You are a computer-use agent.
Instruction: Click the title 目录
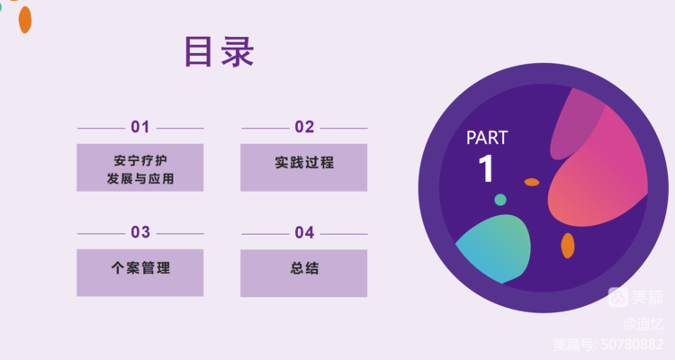(x=220, y=51)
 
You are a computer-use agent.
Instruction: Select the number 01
(x=140, y=127)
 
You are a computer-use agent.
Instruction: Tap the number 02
(x=304, y=127)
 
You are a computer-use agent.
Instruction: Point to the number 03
(x=140, y=232)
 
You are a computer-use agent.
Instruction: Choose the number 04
(x=304, y=232)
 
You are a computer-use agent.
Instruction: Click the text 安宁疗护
(x=140, y=160)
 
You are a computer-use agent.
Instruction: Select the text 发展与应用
(x=140, y=178)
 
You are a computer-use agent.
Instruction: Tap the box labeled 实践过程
(x=304, y=167)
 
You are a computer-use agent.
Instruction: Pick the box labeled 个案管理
(x=139, y=273)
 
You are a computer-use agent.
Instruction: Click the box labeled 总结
(x=304, y=273)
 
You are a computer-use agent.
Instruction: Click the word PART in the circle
(x=487, y=138)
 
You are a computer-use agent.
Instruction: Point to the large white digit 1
(x=486, y=168)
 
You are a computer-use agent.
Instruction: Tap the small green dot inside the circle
(x=500, y=200)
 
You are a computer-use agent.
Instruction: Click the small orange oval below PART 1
(x=532, y=182)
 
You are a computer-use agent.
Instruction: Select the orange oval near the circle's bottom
(x=568, y=246)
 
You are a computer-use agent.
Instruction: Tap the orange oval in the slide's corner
(x=25, y=20)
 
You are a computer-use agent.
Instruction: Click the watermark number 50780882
(x=633, y=345)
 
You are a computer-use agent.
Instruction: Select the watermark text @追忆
(x=643, y=323)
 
